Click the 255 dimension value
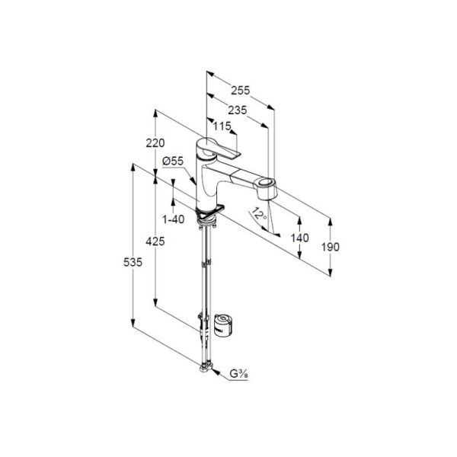click(241, 91)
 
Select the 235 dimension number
click(237, 110)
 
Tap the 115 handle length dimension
click(222, 126)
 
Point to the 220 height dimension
click(155, 143)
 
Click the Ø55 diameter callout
click(173, 161)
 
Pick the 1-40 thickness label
click(174, 219)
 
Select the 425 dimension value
click(155, 241)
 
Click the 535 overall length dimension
click(133, 262)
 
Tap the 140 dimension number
click(300, 238)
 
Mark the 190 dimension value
click(331, 247)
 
